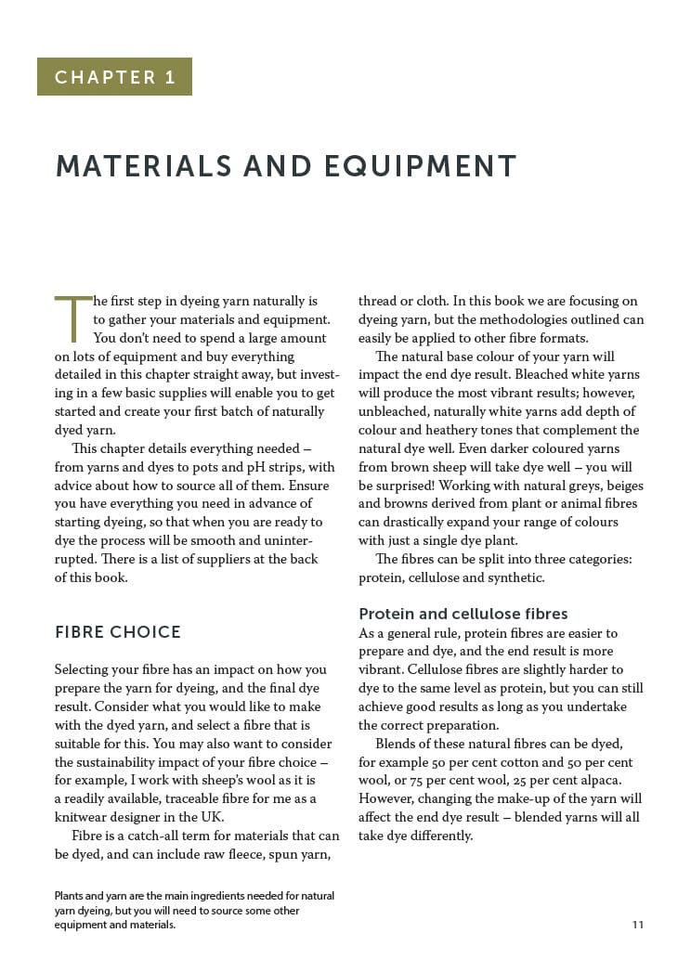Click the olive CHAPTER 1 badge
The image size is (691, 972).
[x=114, y=77]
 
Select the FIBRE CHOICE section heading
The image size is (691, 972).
[x=117, y=633]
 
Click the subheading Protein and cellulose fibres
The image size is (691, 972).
[x=463, y=614]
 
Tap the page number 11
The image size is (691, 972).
[x=637, y=925]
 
